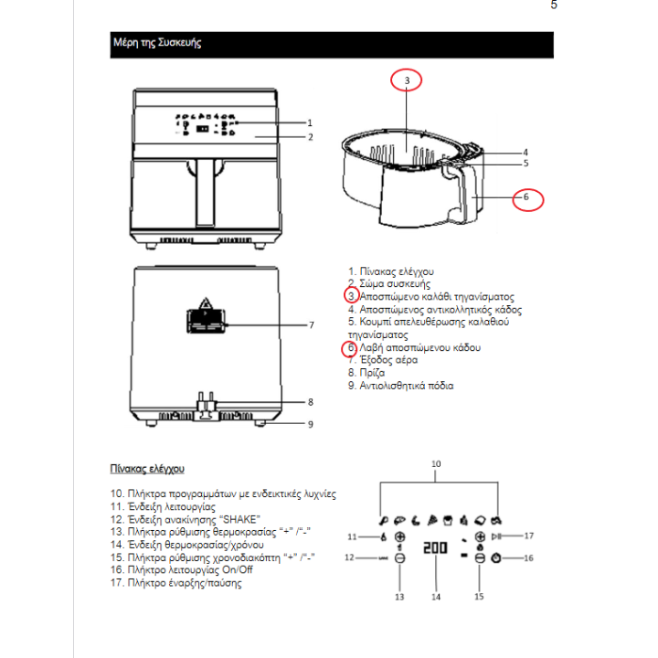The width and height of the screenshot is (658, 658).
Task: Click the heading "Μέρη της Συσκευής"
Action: point(156,43)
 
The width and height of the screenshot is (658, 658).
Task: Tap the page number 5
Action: point(553,5)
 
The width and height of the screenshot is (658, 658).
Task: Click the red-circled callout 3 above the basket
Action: point(408,80)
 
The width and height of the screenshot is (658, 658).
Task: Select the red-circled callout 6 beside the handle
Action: point(526,196)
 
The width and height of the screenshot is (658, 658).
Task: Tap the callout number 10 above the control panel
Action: point(436,463)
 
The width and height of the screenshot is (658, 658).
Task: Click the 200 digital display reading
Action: point(436,550)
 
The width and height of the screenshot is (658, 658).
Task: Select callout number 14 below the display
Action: point(436,596)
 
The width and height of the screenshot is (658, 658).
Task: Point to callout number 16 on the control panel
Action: point(528,557)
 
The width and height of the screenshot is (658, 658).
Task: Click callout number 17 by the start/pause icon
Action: point(528,536)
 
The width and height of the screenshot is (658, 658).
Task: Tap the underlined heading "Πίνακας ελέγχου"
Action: point(147,469)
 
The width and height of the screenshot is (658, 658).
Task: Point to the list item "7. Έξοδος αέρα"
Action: point(385,360)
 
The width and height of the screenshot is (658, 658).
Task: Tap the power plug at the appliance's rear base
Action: point(207,406)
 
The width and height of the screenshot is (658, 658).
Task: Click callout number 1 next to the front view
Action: point(310,122)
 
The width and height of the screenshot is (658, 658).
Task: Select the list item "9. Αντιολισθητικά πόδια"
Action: point(401,386)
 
